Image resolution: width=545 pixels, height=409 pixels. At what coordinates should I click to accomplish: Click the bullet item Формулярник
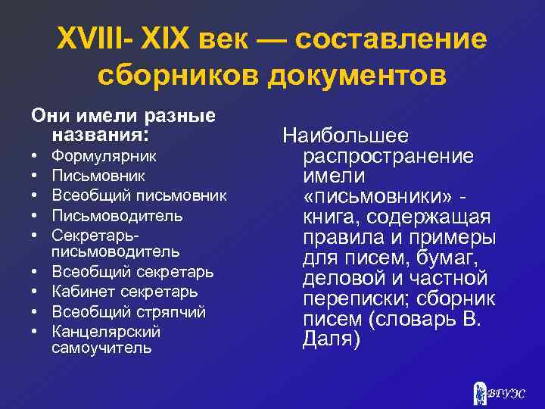pos(104,156)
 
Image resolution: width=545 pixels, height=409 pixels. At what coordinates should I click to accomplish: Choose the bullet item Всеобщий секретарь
pos(132,271)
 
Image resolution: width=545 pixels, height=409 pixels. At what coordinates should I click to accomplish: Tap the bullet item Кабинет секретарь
pos(124,292)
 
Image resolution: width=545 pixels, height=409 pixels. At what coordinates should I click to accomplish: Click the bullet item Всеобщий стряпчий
pos(128,311)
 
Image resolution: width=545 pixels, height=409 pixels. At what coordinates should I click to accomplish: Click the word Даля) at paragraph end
pos(332,339)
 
